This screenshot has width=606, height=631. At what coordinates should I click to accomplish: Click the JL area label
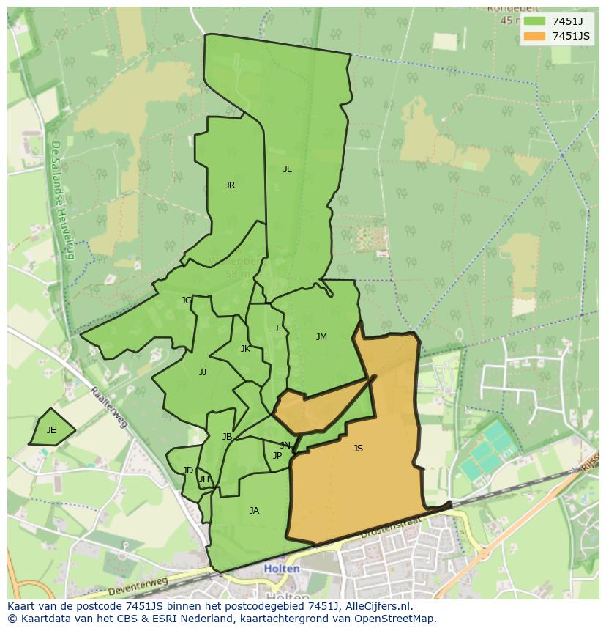coord(287,169)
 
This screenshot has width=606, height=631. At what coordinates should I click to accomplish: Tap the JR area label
coord(230,185)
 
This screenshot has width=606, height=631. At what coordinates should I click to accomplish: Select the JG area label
coord(187,300)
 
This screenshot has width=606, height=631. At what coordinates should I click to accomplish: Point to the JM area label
coord(321,337)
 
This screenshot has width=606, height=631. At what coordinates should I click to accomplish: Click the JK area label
coord(245,349)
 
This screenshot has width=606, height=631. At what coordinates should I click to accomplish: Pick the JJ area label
coord(203,372)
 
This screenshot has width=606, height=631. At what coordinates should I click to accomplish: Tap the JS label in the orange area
coord(358,449)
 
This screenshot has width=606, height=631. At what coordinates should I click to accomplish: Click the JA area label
coord(254,511)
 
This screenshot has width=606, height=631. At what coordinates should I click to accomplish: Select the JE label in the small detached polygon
coord(51,430)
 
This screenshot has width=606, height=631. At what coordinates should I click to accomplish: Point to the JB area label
coord(227,437)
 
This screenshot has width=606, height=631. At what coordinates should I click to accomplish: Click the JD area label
coord(188,471)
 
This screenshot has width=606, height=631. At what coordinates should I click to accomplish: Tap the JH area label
coord(204,480)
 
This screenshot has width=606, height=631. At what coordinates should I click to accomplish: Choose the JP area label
coord(277,456)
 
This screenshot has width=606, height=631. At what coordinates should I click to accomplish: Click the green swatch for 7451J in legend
coord(534,21)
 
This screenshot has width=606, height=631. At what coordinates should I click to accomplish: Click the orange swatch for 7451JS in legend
coord(534,36)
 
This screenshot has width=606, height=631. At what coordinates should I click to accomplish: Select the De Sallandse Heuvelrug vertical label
coord(62,200)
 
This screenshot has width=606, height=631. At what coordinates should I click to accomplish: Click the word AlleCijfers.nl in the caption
coord(381,607)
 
